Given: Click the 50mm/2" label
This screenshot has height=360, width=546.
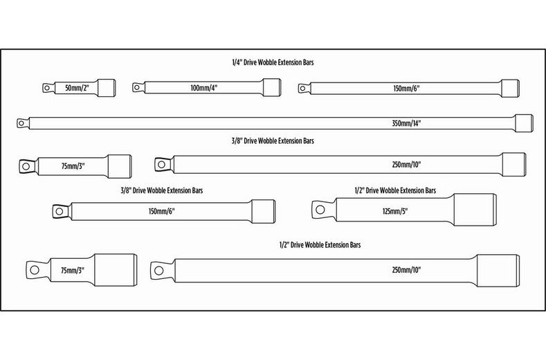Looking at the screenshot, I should click(x=78, y=88).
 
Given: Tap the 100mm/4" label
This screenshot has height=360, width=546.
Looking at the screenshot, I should click(x=203, y=88).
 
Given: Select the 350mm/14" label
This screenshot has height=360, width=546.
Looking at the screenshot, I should click(x=406, y=123).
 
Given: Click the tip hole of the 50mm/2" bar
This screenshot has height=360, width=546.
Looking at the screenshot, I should click(x=47, y=87).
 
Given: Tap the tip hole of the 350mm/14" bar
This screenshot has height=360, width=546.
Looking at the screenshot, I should click(x=21, y=123).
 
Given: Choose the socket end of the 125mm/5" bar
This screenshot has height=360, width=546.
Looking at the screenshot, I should click(x=473, y=208).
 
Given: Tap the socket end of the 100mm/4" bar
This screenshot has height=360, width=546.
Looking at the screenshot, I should click(x=271, y=88).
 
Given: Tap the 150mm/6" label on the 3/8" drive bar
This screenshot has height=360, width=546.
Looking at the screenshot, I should click(x=161, y=210).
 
